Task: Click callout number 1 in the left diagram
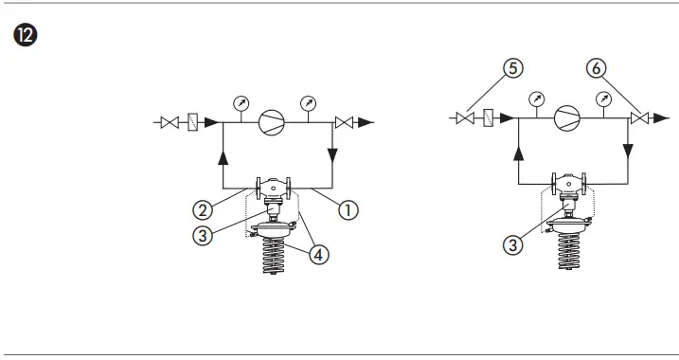click(x=348, y=210)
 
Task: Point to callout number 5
click(x=511, y=67)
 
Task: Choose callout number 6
click(x=597, y=67)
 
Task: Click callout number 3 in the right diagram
click(x=512, y=244)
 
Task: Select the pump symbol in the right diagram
click(x=567, y=117)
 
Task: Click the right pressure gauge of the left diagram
click(x=308, y=102)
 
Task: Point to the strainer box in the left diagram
click(x=192, y=122)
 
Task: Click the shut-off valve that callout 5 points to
click(x=465, y=118)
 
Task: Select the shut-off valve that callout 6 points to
click(x=641, y=118)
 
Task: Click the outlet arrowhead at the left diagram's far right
click(x=368, y=122)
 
